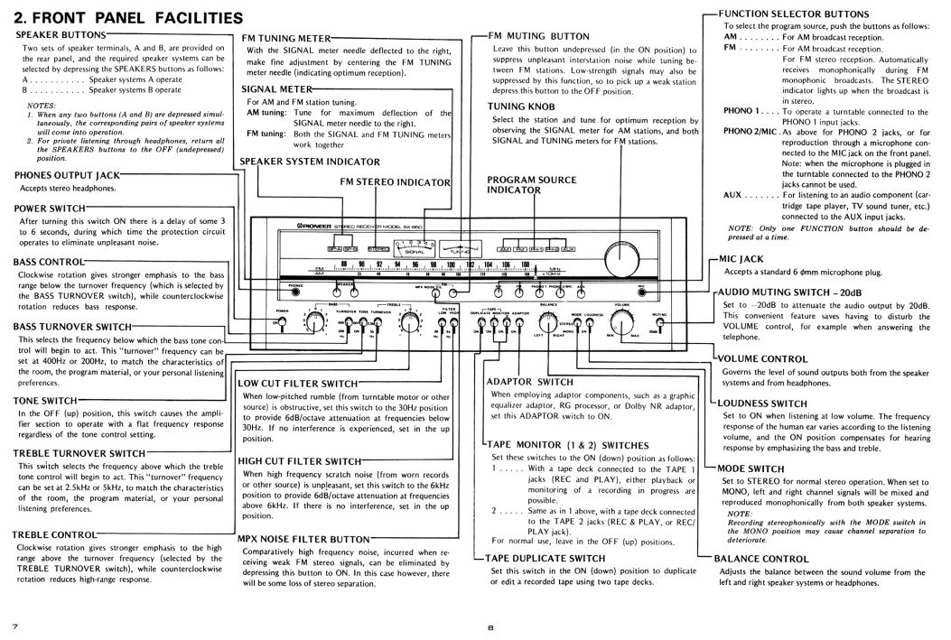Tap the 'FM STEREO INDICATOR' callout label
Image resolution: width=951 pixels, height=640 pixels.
[x=395, y=181]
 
